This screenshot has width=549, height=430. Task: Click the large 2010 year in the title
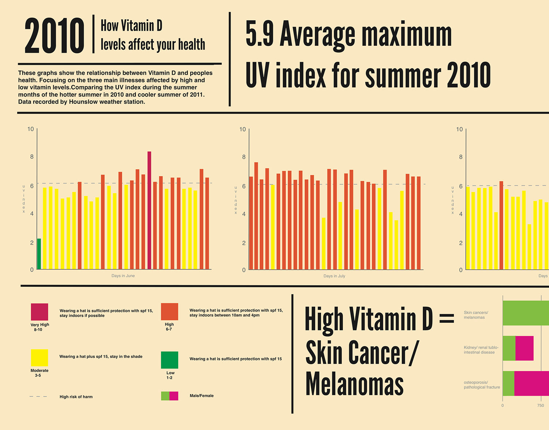[x=54, y=36]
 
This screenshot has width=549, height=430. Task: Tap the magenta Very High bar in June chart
[x=149, y=210]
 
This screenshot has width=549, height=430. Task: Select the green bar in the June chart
[x=39, y=254]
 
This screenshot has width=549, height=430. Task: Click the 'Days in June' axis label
[x=123, y=276]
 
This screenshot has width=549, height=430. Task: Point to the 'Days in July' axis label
[x=334, y=276]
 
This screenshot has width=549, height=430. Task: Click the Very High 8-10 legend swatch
[x=40, y=312]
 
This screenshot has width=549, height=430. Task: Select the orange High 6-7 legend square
[x=169, y=311]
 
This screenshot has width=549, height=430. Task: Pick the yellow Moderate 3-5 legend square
[x=40, y=358]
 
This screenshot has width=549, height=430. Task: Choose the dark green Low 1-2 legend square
[x=169, y=360]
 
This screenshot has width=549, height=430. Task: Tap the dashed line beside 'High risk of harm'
[x=38, y=396]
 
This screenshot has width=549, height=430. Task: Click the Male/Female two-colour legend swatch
[x=169, y=396]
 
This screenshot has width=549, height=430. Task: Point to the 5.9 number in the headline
[x=259, y=34]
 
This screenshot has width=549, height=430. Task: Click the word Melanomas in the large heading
[x=354, y=384]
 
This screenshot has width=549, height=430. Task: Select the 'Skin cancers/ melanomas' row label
[x=476, y=315]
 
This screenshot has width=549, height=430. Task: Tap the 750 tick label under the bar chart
[x=541, y=405]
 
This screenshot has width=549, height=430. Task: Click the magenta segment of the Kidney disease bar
[x=524, y=348]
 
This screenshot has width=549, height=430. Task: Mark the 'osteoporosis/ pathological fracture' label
[x=482, y=385]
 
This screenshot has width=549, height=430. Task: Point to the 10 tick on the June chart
[x=30, y=129]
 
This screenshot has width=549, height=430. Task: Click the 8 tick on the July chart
[x=244, y=157]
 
